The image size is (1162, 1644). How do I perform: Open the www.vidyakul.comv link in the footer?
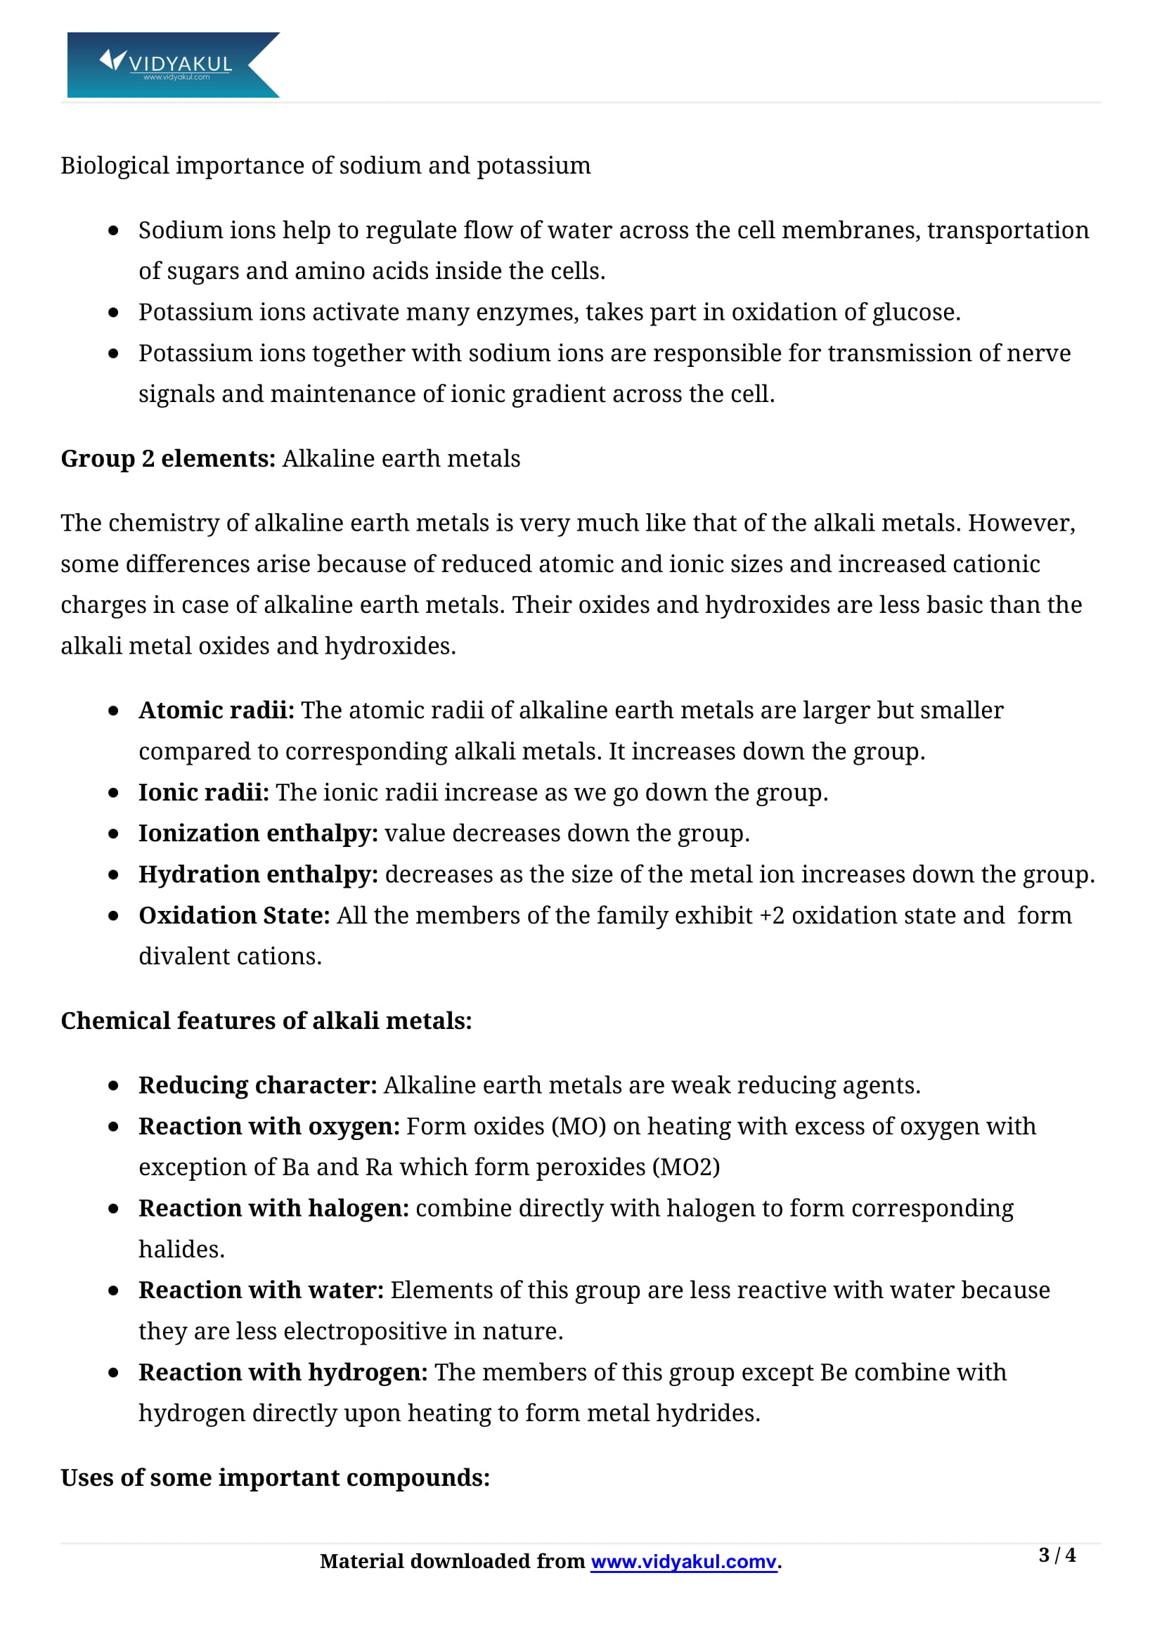[x=683, y=1561]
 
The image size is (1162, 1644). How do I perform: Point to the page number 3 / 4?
[x=1056, y=1555]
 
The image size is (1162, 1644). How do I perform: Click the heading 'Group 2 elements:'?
[x=167, y=458]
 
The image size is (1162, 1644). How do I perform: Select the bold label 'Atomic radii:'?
[x=217, y=711]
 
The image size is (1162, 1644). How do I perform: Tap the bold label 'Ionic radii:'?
[x=203, y=792]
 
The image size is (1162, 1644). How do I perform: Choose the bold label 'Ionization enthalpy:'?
[x=258, y=834]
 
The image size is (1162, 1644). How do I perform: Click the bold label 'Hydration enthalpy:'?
[x=258, y=874]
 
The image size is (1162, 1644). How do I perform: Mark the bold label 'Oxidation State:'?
[x=234, y=915]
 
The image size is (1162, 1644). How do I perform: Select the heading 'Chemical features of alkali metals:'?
[x=266, y=1021]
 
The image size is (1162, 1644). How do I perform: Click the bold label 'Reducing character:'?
[x=258, y=1085]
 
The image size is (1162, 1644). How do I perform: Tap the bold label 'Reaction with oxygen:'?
[x=269, y=1126]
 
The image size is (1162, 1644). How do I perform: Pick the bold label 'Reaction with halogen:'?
[x=273, y=1208]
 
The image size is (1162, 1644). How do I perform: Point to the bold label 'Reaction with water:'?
[x=262, y=1290]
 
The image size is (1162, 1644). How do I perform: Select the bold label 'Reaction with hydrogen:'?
[x=283, y=1372]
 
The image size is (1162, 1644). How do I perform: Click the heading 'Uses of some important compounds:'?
[x=275, y=1477]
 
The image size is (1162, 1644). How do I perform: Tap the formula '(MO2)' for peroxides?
[x=685, y=1167]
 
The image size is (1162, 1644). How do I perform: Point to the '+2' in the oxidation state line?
[x=771, y=916]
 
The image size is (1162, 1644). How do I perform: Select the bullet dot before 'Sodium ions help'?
[x=113, y=231]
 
